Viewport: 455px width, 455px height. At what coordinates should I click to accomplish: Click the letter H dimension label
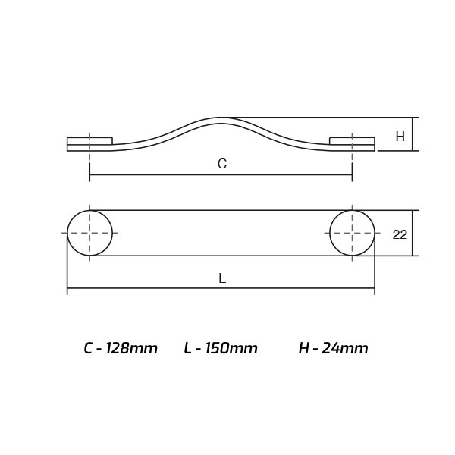point(400,136)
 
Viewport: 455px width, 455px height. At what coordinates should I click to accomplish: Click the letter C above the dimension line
point(222,164)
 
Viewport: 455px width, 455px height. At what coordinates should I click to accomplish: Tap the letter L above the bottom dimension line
point(222,278)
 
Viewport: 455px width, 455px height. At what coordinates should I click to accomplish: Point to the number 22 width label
point(400,234)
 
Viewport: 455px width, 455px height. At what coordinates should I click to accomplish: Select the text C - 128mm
point(121,348)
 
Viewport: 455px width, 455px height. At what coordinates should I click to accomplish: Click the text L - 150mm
point(221,348)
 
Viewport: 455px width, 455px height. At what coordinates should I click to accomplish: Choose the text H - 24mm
point(334,348)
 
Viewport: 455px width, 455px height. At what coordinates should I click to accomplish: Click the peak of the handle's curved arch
point(221,118)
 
